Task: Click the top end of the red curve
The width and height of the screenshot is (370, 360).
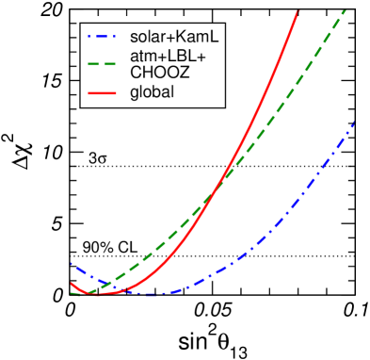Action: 298,9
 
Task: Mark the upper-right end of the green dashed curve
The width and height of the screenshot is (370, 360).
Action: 346,9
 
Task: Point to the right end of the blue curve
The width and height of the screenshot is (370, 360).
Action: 356,121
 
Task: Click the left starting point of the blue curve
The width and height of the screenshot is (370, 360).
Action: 71,264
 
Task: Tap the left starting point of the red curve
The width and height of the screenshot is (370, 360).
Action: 71,283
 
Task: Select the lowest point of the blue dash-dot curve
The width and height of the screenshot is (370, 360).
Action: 155,295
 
